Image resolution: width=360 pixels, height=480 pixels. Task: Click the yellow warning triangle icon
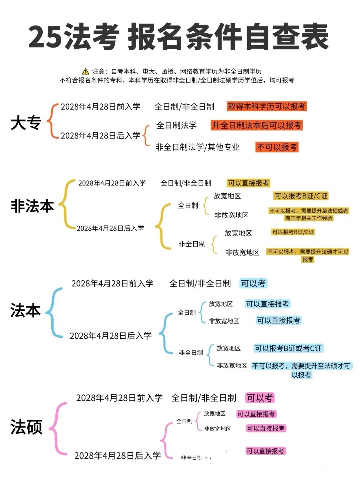(85, 72)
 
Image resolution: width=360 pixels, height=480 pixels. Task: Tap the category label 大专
(26, 123)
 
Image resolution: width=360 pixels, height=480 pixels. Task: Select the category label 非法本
(32, 206)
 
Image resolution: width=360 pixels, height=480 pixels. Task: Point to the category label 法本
(26, 310)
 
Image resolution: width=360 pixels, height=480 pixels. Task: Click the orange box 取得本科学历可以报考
(267, 106)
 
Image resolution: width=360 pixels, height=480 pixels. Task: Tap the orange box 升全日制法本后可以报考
(257, 125)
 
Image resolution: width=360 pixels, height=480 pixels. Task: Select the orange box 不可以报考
(277, 147)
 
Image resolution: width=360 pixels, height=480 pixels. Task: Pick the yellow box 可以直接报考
(248, 183)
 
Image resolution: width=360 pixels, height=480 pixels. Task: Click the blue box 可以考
(253, 283)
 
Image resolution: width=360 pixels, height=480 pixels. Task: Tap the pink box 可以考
(260, 398)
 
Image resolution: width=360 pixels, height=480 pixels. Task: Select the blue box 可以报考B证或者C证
(288, 348)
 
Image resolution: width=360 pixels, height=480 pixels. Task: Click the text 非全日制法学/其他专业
(197, 147)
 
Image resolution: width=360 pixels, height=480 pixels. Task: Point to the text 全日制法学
(176, 125)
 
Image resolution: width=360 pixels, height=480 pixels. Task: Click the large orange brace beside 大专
(52, 121)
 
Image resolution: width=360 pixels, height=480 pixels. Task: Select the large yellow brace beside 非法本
(66, 205)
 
